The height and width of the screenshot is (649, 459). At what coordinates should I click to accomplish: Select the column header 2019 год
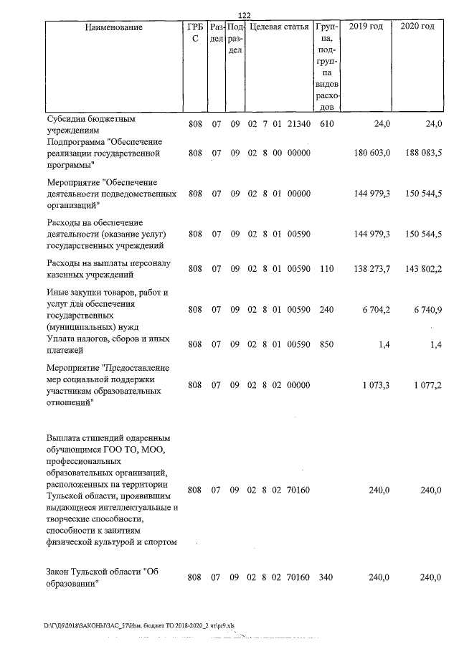(x=365, y=27)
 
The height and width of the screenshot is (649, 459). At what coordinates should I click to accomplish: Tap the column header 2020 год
(x=417, y=27)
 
